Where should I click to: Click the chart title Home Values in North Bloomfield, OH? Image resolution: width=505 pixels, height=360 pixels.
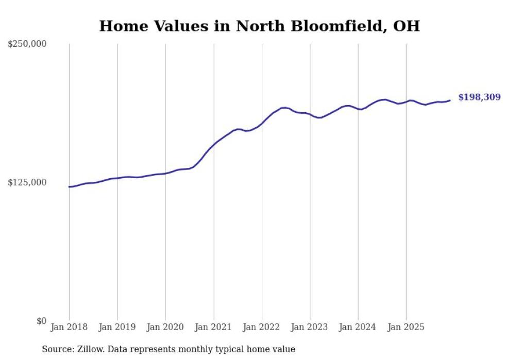(x=259, y=26)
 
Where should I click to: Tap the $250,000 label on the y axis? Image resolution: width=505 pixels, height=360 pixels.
(x=27, y=44)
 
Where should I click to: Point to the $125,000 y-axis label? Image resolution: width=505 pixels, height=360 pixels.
(x=27, y=182)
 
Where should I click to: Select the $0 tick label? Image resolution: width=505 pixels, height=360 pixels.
(x=41, y=321)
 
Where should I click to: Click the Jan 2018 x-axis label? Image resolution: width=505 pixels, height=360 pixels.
(x=69, y=327)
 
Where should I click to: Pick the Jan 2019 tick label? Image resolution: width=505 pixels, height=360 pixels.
(x=117, y=327)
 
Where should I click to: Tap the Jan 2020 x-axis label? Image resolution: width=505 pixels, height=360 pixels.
(x=165, y=327)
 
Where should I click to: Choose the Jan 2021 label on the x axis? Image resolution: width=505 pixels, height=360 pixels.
(x=213, y=327)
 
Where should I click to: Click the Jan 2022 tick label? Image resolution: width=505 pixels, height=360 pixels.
(x=262, y=327)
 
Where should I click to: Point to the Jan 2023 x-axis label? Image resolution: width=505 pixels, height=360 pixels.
(x=310, y=327)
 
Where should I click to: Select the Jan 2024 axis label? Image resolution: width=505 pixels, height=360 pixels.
(x=358, y=327)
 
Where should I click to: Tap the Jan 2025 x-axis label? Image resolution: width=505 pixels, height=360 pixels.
(x=406, y=327)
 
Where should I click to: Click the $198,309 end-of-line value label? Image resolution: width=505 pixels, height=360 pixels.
(x=479, y=97)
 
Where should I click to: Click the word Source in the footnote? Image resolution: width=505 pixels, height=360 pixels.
(x=56, y=349)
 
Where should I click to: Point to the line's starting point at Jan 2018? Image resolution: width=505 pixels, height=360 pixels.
(x=69, y=186)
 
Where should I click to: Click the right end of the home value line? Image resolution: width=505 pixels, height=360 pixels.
(x=450, y=100)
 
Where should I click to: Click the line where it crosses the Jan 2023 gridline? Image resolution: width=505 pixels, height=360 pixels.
(x=310, y=114)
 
